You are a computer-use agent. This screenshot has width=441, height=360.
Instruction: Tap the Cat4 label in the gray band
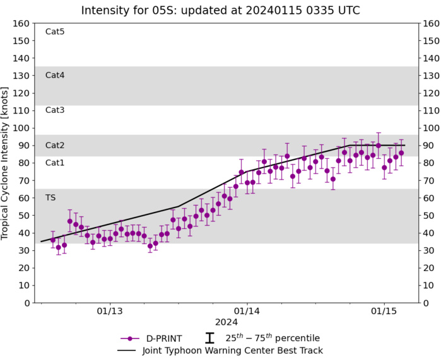pos(55,75)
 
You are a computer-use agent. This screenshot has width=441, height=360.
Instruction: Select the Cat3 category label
pos(55,110)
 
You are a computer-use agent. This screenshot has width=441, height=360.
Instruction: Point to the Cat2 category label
pos(55,146)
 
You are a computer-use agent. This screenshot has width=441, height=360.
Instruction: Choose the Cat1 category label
pos(55,163)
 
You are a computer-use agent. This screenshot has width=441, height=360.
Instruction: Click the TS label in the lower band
pos(50,197)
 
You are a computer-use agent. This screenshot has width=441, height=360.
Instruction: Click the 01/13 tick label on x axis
pos(109,311)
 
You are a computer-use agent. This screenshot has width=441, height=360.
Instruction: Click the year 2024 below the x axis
pos(226,322)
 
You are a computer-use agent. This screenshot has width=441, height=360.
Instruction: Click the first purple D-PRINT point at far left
pos(53,240)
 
